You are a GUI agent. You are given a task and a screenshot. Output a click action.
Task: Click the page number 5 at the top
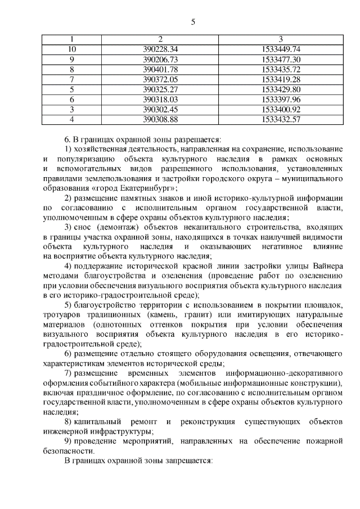tap(193, 22)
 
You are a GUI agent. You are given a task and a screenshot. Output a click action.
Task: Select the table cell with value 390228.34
tap(160, 49)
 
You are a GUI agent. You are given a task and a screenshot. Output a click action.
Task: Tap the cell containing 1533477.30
tap(281, 59)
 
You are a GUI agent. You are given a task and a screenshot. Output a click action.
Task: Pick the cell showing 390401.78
tap(160, 69)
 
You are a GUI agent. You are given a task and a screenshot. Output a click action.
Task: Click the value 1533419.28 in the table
tap(281, 79)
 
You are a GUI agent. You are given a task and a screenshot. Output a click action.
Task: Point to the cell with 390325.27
tap(160, 89)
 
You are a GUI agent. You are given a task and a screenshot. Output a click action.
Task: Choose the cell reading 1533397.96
tap(281, 99)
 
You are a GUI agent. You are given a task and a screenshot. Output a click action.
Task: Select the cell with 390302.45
tap(160, 109)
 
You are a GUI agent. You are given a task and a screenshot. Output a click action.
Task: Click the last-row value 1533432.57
tap(281, 119)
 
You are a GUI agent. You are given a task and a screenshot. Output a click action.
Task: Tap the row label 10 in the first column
tap(71, 49)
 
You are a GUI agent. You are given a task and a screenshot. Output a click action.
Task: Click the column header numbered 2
tap(160, 39)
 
